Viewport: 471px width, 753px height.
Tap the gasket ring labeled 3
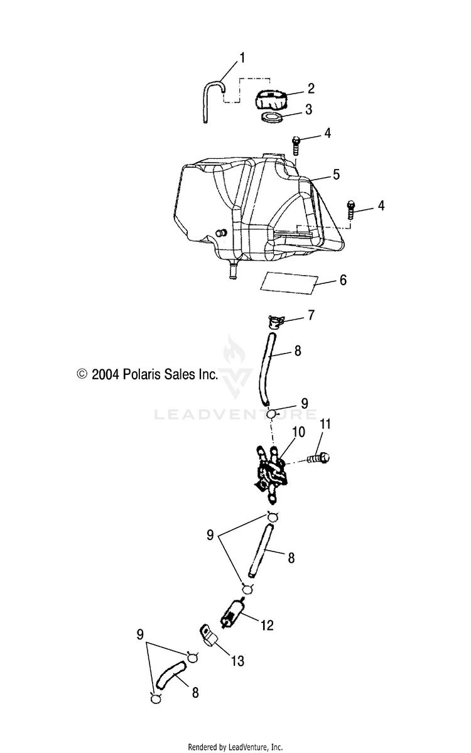click(x=271, y=117)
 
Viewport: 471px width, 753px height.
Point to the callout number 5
click(x=336, y=174)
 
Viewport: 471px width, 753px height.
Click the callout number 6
click(x=342, y=280)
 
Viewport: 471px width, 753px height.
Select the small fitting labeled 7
click(x=275, y=322)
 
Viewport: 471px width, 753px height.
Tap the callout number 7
click(x=311, y=315)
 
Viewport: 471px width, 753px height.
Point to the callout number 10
click(x=298, y=432)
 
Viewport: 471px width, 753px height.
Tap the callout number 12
click(x=268, y=625)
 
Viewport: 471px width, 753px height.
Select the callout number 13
click(x=237, y=660)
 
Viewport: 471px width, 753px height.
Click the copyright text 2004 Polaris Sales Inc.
click(x=147, y=375)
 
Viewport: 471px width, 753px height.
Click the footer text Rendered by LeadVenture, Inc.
click(x=235, y=747)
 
